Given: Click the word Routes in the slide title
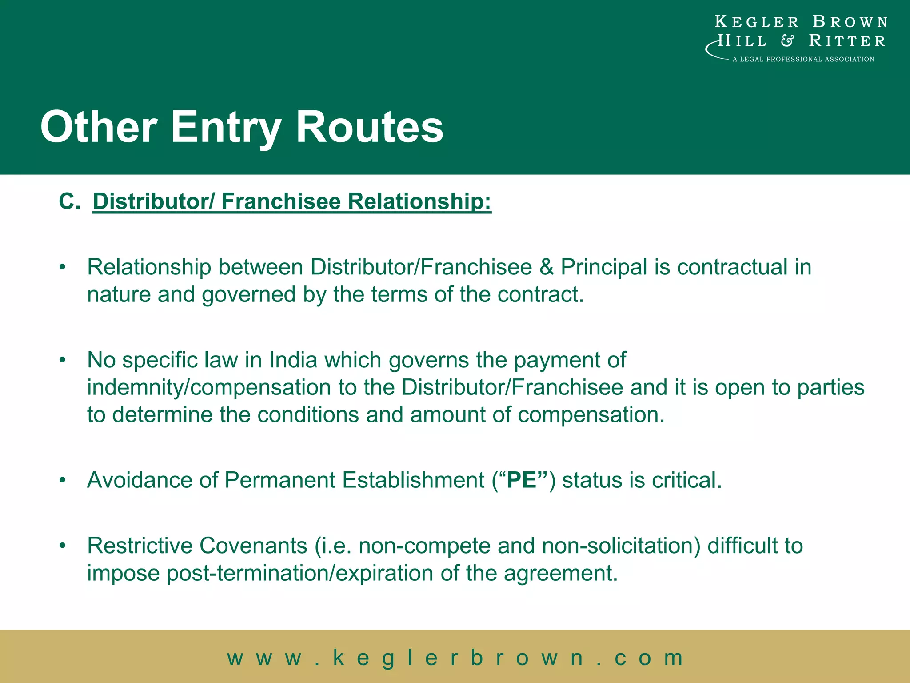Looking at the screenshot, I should click(x=369, y=127).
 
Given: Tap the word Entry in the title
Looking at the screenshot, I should click(x=226, y=127).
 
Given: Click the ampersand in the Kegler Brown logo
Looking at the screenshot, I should click(x=787, y=41).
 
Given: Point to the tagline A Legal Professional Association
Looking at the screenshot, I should click(x=803, y=59).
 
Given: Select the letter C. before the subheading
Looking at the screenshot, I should click(x=69, y=201).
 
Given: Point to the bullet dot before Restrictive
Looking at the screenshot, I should click(x=63, y=546).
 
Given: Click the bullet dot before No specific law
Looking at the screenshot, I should click(x=63, y=360).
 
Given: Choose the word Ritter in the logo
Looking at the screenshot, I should click(x=847, y=41).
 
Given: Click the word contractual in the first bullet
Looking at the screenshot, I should click(x=732, y=267).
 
